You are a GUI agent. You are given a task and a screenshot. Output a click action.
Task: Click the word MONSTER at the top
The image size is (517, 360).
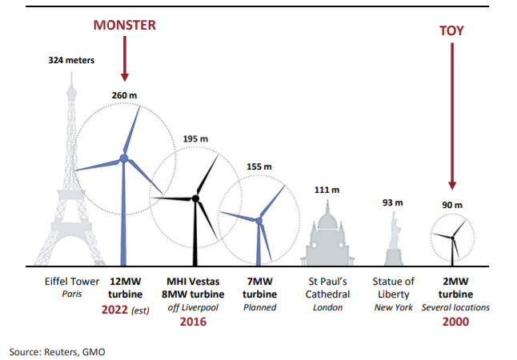pos(124,26)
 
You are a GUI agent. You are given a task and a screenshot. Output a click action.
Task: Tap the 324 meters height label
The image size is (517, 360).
pos(71,60)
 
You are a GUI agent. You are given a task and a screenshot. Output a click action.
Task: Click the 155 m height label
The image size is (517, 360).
pos(259,166)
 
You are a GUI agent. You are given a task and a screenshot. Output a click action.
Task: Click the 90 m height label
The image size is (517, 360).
pos(452,205)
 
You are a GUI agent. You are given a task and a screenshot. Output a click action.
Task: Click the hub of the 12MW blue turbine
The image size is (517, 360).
pos(124,158)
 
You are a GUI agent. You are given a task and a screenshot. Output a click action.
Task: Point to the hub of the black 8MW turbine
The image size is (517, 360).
pos(194,198)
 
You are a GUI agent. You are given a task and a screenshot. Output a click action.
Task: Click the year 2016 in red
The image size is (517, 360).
pos(194,322)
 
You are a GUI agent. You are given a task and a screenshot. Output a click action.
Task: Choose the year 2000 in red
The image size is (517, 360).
pos(455,322)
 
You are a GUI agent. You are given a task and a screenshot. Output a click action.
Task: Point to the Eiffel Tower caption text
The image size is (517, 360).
pos(72,282)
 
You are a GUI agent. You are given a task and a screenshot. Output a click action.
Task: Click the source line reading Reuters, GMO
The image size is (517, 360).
pos(57,351)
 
